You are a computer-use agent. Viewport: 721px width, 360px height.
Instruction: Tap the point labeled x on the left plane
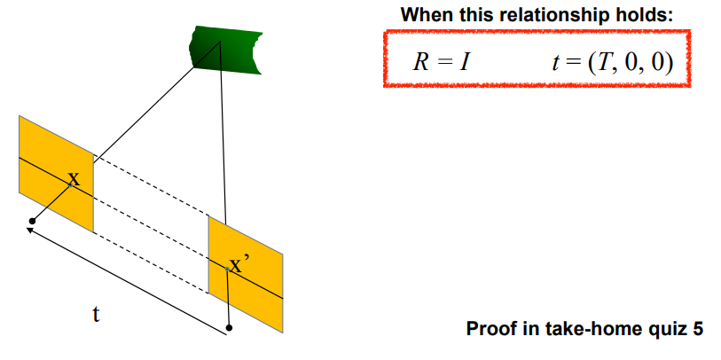tap(74, 180)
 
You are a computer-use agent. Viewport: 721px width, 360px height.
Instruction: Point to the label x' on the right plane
tap(239, 264)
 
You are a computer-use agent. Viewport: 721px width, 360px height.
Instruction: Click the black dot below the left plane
tap(33, 221)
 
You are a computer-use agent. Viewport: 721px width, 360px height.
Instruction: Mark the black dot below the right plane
tap(230, 328)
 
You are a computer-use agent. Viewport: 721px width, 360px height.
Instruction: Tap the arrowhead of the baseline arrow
tap(29, 230)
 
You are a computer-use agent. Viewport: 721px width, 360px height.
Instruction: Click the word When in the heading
tap(422, 15)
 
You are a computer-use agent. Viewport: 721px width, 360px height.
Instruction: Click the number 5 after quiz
tap(697, 330)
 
